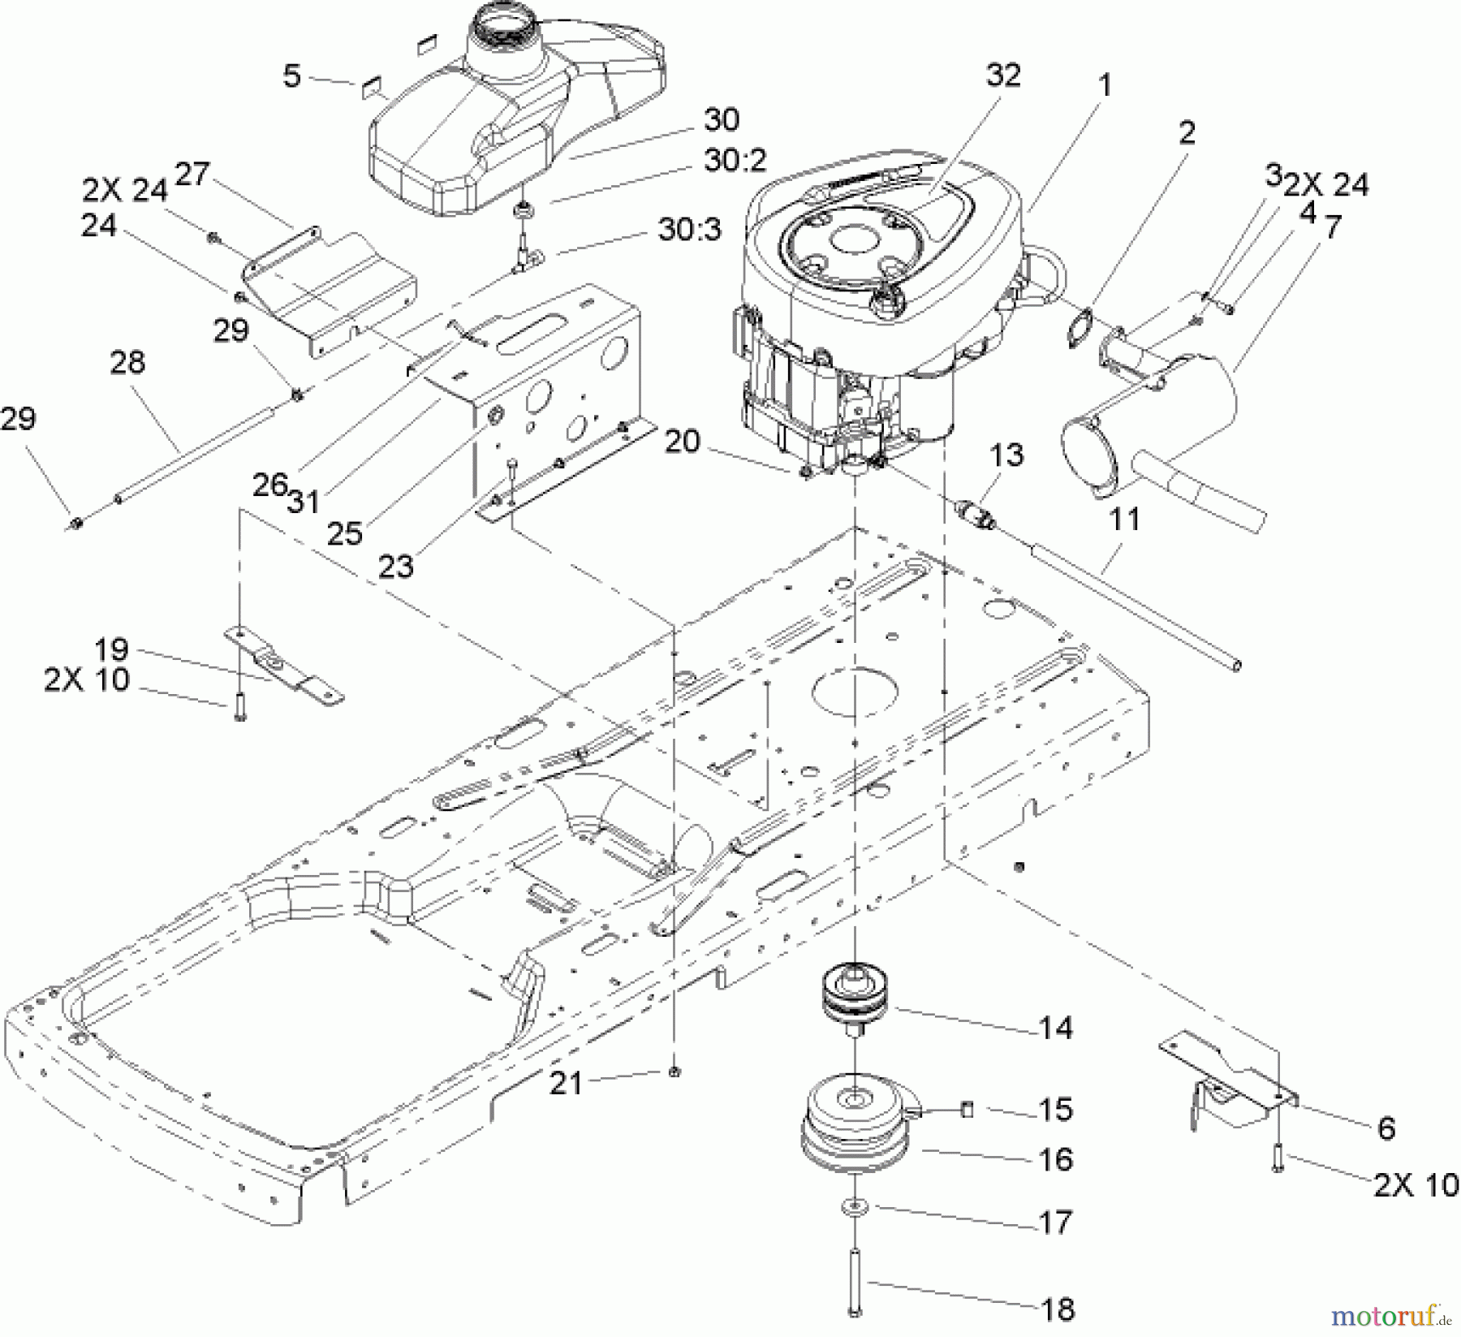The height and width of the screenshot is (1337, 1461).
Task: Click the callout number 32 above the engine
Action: click(x=1002, y=75)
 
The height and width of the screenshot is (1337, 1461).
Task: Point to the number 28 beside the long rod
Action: click(x=127, y=362)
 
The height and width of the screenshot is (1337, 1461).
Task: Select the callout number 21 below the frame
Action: click(x=567, y=1083)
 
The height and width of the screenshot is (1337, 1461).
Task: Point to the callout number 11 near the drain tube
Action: click(x=1124, y=519)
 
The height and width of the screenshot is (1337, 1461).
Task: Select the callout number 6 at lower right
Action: click(x=1386, y=1128)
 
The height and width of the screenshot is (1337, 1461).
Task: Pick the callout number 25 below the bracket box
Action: click(x=344, y=533)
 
